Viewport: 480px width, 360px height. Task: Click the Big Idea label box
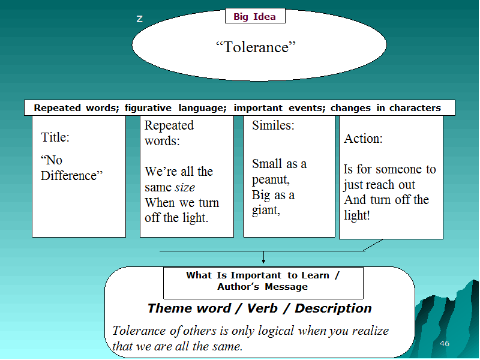255,16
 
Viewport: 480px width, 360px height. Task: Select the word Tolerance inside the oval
256,47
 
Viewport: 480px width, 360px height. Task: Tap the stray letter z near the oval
140,19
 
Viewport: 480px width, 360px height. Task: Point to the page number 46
445,343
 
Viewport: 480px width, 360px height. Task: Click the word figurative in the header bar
148,108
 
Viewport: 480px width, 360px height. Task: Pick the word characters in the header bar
415,108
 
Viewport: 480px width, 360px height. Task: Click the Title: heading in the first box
55,137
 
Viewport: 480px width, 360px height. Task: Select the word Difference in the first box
69,176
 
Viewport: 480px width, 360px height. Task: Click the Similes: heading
273,125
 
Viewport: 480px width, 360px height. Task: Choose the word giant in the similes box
265,211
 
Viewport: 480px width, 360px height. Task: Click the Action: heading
363,139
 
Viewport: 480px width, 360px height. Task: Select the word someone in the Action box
398,169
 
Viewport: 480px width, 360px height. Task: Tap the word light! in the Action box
357,215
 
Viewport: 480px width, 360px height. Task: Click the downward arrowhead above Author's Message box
263,261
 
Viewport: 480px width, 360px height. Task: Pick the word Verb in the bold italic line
262,308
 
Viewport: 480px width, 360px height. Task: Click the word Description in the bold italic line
333,308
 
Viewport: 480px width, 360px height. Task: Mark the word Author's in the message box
238,287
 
